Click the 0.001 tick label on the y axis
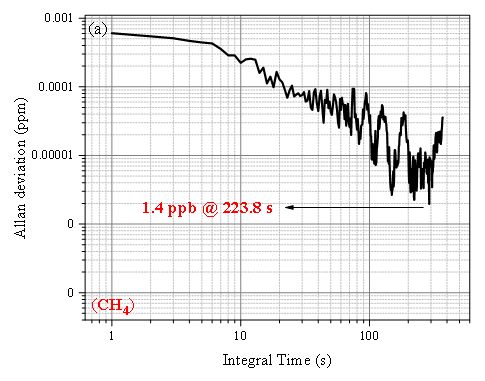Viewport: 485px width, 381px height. click(x=58, y=18)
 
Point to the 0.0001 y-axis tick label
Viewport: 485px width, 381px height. click(x=55, y=87)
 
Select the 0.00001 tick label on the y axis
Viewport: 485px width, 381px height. click(x=52, y=155)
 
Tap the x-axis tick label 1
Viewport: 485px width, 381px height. click(x=111, y=335)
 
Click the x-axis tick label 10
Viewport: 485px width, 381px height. click(x=240, y=335)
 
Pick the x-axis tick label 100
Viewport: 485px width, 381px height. click(x=369, y=335)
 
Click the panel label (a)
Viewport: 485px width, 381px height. click(x=98, y=30)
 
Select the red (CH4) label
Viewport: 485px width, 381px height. click(x=113, y=306)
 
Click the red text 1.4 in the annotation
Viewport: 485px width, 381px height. click(x=152, y=208)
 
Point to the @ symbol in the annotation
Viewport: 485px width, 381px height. click(x=210, y=208)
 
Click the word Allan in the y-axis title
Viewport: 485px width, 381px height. click(x=20, y=221)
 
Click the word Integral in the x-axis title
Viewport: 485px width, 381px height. click(x=247, y=361)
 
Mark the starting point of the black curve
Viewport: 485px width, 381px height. click(x=111, y=33)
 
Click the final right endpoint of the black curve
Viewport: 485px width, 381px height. click(x=443, y=117)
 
